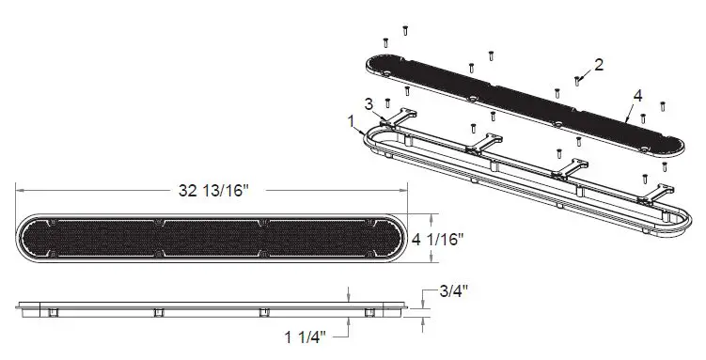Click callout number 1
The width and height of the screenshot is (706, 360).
pos(352,121)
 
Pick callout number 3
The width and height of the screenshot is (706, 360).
pos(369,102)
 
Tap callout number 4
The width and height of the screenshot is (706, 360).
pos(637,96)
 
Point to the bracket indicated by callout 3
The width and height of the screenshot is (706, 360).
pos(402,116)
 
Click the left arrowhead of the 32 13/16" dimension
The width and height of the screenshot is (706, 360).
pos(20,190)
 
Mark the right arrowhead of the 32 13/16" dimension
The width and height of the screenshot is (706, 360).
pos(404,190)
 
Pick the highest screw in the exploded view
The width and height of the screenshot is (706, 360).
pos(404,30)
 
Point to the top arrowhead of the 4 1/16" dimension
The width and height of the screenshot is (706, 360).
pos(431,215)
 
